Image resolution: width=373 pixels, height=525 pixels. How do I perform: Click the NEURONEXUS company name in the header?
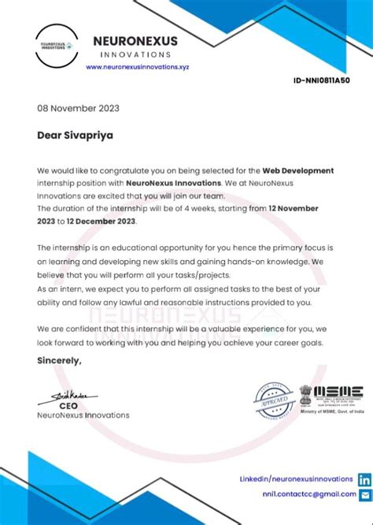pos(135,40)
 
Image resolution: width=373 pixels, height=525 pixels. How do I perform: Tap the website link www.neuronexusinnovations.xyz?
pos(138,67)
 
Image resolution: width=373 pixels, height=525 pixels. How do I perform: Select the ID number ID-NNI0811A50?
pos(321,80)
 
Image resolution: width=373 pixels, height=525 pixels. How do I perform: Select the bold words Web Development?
pos(298,170)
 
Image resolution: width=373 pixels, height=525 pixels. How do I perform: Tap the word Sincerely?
pos(59,360)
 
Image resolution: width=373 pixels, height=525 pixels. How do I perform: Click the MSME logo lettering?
pos(338,391)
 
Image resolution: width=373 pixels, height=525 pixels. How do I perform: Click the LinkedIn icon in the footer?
pos(364,479)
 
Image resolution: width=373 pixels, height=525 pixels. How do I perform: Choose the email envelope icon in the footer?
pos(364,494)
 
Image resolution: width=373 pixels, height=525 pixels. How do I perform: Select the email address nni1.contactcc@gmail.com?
pos(308,494)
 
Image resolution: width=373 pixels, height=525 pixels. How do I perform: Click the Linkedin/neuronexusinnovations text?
pos(296,478)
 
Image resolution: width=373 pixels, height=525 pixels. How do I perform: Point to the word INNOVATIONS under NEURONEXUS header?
pos(135,54)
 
